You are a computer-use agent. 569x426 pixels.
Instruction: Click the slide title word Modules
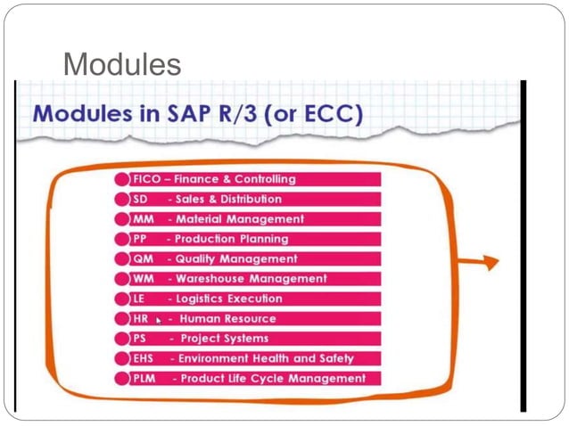click(x=122, y=63)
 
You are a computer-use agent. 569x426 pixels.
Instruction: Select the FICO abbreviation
click(x=145, y=179)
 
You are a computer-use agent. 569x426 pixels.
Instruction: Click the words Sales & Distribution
click(x=228, y=199)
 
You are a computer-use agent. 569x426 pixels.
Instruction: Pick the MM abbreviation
click(x=143, y=219)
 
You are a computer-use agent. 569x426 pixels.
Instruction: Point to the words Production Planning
click(x=231, y=239)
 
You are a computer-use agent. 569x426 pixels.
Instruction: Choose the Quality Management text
click(x=236, y=258)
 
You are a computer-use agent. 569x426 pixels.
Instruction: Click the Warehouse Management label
click(x=252, y=279)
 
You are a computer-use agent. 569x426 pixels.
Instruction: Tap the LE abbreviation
click(x=139, y=299)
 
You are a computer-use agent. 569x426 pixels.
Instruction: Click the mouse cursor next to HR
click(x=159, y=320)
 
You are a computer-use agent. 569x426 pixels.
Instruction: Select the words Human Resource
click(x=227, y=318)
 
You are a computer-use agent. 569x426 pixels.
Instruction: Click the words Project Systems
click(x=224, y=339)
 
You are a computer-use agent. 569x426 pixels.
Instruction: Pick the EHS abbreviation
click(x=144, y=358)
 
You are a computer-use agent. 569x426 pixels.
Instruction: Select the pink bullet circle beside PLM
click(x=122, y=379)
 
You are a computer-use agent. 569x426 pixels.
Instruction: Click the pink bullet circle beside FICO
click(x=122, y=179)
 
